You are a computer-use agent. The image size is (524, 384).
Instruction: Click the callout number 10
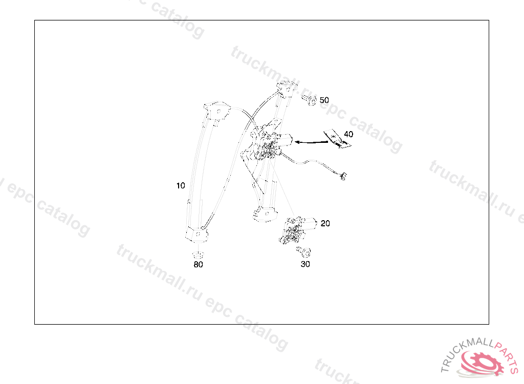[x=181, y=186]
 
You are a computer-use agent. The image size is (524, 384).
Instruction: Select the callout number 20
[x=325, y=223]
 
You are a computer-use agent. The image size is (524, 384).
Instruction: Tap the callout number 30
[x=305, y=264]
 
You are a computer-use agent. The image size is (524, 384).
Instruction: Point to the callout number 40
[x=348, y=134]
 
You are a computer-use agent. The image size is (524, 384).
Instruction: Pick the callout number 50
[x=324, y=100]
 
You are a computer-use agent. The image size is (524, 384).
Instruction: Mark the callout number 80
[x=198, y=265]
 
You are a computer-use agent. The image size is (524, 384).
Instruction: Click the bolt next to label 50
[x=310, y=99]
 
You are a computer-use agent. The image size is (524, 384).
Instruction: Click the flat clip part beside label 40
[x=337, y=139]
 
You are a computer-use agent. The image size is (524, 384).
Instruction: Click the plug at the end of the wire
[x=343, y=177]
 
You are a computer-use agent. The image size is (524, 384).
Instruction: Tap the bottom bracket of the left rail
[x=197, y=234]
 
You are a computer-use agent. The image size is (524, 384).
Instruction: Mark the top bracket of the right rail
[x=287, y=89]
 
